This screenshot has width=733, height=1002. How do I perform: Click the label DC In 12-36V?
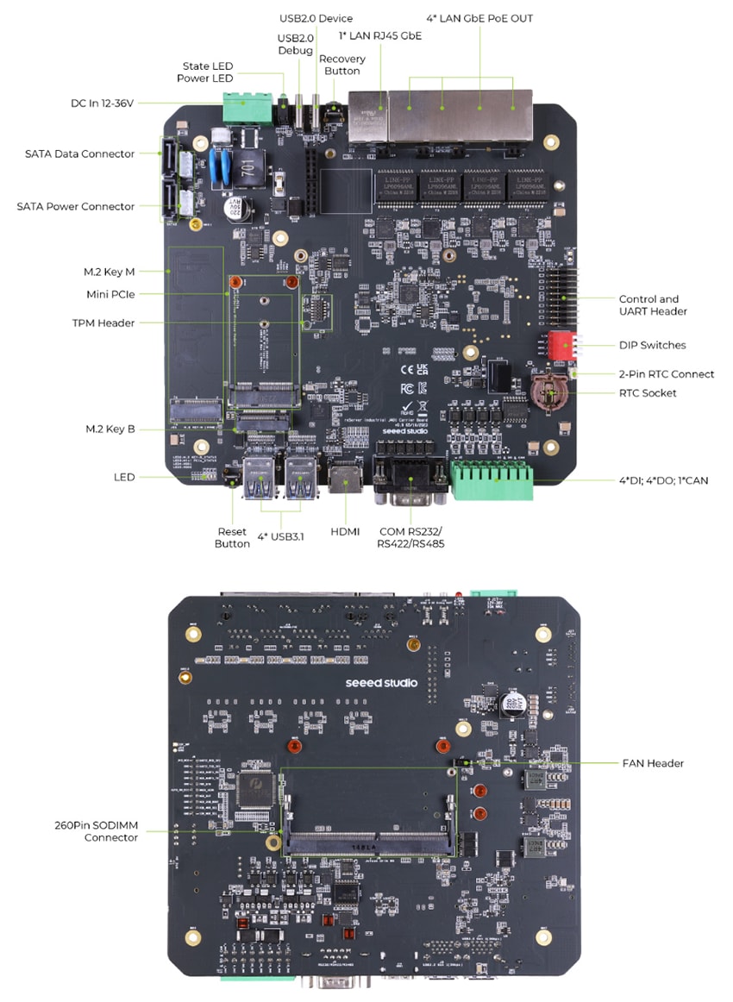[x=103, y=103]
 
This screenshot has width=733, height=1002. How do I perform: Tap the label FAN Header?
[x=653, y=763]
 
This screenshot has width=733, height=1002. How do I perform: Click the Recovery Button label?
[x=342, y=65]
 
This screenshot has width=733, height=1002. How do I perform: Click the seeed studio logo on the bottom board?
[x=381, y=683]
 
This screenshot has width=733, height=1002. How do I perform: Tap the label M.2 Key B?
[x=110, y=429]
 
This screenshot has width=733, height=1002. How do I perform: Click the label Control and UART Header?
[x=653, y=305]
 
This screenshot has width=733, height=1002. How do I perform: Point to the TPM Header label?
[x=103, y=323]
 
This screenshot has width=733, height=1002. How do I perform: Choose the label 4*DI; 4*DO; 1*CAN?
[x=664, y=480]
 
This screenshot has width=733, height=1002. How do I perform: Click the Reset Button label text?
[x=231, y=537]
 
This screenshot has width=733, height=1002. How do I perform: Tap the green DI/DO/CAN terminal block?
[x=492, y=480]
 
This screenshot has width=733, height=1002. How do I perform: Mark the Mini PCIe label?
[x=110, y=294]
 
